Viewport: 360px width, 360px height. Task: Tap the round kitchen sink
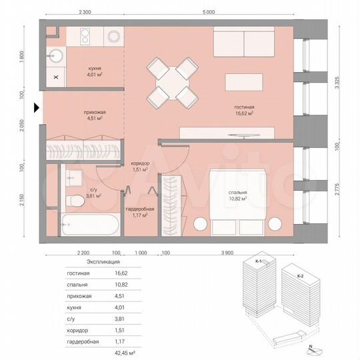(56, 55)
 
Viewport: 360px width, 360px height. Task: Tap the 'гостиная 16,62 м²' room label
(244, 111)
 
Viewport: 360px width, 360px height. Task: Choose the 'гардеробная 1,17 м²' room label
(135, 211)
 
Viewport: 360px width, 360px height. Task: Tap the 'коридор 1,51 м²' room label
(140, 167)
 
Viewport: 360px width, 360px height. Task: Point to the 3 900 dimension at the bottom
(227, 253)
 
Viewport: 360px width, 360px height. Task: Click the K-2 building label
(299, 276)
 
